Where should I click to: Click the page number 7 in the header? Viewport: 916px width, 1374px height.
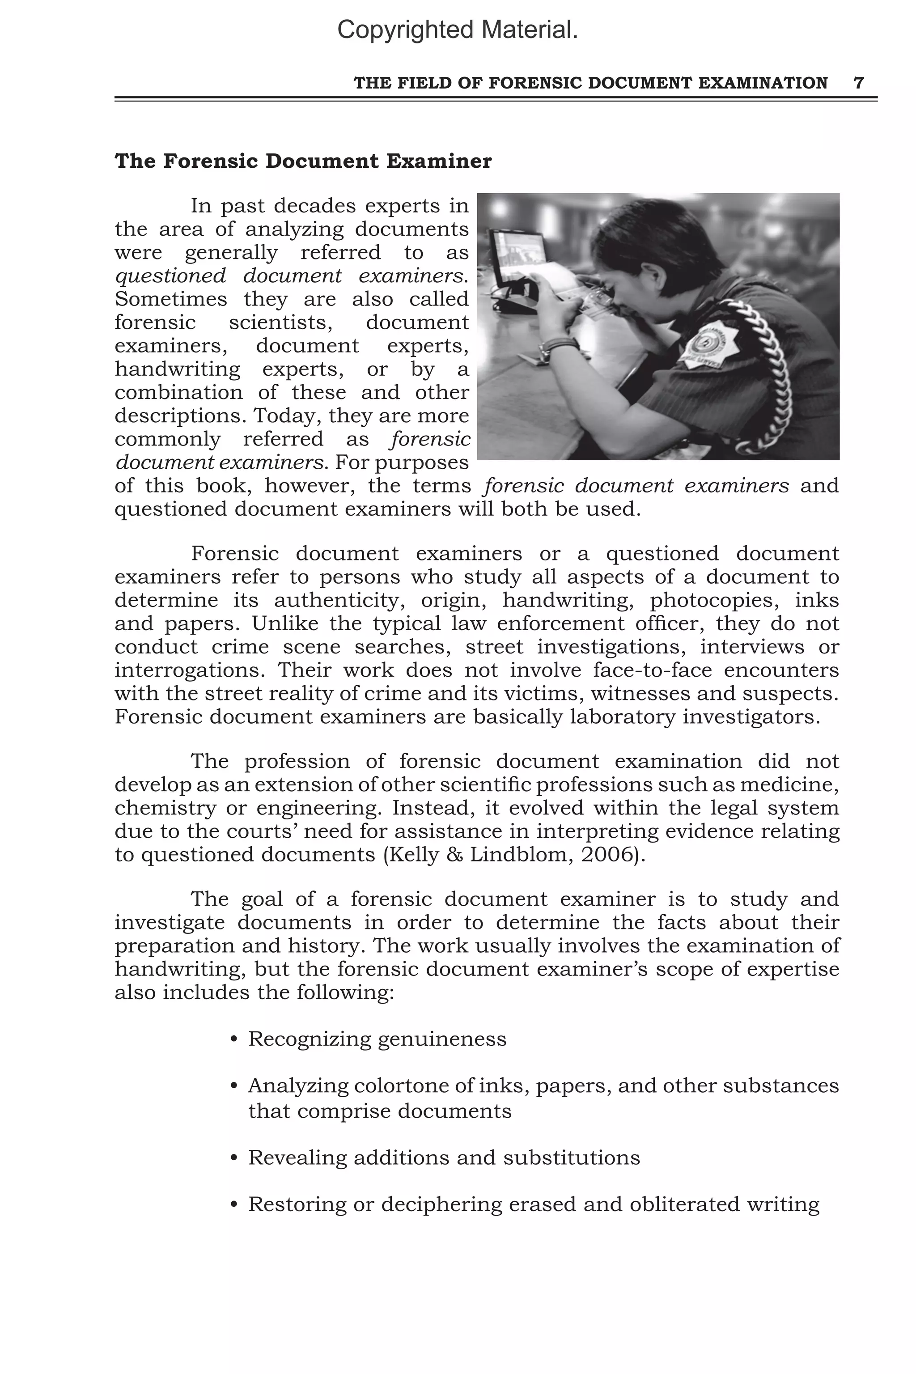tap(858, 83)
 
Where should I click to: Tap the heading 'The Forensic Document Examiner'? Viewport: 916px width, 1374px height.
tap(303, 161)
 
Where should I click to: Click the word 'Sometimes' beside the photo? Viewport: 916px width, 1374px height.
tap(170, 299)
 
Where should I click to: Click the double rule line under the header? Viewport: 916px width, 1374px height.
tap(496, 99)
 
